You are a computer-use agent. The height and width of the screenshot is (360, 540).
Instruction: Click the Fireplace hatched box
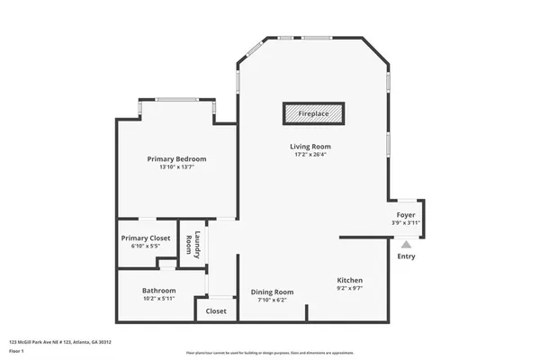314,114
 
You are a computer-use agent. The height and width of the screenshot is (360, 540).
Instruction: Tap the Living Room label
310,146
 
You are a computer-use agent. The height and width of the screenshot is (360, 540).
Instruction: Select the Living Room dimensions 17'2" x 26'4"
310,154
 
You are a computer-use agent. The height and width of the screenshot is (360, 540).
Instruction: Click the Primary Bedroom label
176,158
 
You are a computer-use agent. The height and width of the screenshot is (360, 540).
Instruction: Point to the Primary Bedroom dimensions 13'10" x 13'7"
176,166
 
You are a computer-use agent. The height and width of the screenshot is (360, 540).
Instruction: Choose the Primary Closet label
145,238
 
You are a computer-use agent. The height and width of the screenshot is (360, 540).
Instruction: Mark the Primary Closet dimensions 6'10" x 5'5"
145,246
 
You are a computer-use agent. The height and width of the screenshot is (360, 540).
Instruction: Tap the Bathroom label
159,290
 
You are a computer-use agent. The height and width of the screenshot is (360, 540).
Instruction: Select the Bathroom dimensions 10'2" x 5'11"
159,298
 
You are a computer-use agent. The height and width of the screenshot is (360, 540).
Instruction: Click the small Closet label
216,310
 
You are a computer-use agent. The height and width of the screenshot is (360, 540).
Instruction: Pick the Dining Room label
272,292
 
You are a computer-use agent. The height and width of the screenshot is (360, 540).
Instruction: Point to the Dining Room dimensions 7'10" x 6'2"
272,300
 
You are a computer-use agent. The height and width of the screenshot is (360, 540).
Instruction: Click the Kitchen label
350,280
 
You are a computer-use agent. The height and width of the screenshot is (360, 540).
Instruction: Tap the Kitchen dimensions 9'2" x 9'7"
350,289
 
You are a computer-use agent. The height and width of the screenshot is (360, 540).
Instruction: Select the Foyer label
405,215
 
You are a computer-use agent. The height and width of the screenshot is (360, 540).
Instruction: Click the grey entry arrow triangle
406,243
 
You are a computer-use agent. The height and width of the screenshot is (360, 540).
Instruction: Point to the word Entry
406,256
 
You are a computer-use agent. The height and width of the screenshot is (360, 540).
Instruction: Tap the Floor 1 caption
15,351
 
